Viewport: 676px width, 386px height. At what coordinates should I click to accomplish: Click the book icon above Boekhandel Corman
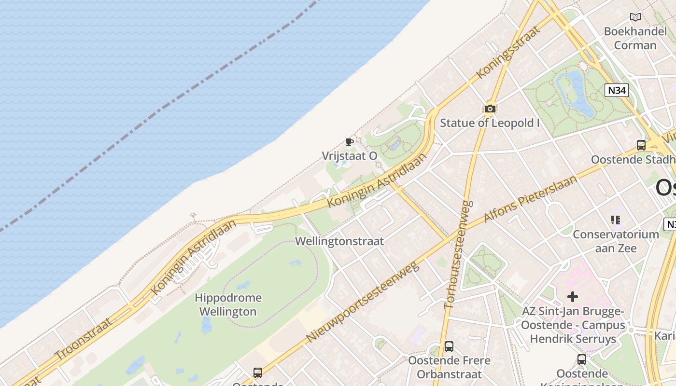click(635, 17)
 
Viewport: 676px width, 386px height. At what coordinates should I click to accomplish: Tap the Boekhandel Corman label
click(635, 39)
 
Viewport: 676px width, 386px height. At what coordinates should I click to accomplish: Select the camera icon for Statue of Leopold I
click(490, 109)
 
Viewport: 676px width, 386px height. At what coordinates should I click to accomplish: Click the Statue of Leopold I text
click(490, 123)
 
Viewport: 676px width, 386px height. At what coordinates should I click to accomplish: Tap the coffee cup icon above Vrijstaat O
click(350, 142)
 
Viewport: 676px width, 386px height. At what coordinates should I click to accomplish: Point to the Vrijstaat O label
click(350, 156)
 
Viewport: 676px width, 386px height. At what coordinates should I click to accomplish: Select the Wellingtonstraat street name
click(339, 241)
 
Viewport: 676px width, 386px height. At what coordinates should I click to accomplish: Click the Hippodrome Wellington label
click(228, 304)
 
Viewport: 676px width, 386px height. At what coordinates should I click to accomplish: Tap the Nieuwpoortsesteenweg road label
click(363, 303)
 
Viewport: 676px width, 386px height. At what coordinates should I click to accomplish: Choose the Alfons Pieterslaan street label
click(530, 199)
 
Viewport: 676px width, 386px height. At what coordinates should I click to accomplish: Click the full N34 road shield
click(618, 90)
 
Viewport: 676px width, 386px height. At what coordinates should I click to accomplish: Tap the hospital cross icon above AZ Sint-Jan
click(572, 296)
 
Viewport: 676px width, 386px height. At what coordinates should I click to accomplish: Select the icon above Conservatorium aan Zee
click(616, 220)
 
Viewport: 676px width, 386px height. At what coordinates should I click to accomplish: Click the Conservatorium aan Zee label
click(616, 241)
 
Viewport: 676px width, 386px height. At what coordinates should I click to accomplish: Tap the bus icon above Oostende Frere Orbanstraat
click(449, 346)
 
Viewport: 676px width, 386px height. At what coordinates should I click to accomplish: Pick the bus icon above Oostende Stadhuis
click(641, 145)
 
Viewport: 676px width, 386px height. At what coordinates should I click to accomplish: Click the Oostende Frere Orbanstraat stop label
click(449, 367)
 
